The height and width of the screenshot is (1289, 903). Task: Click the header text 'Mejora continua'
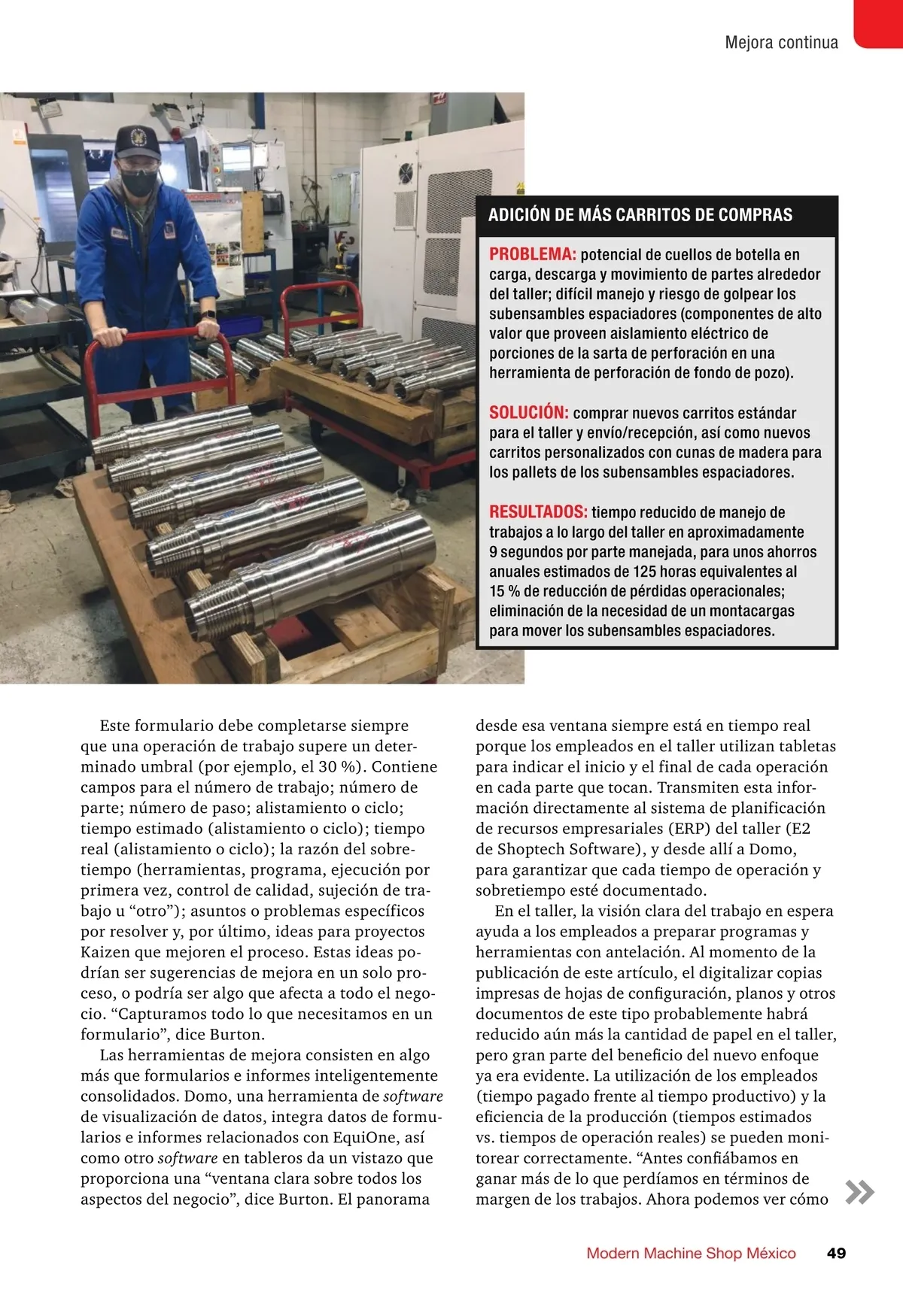[x=781, y=43]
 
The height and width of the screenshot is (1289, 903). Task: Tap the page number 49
[x=836, y=1253]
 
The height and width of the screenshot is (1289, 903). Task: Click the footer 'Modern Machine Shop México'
[x=691, y=1253]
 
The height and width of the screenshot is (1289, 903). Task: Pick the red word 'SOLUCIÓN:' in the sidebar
[x=529, y=412]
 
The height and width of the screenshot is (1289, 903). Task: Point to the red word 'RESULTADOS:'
[x=538, y=512]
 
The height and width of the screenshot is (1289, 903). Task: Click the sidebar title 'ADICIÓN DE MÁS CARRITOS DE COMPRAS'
[x=640, y=215]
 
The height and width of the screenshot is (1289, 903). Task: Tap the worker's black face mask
[x=138, y=181]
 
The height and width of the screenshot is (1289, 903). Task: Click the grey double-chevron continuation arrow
[x=859, y=1192]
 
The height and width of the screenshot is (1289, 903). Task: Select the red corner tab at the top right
[x=879, y=23]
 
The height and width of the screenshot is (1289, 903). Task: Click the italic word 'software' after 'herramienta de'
[x=412, y=1096]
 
